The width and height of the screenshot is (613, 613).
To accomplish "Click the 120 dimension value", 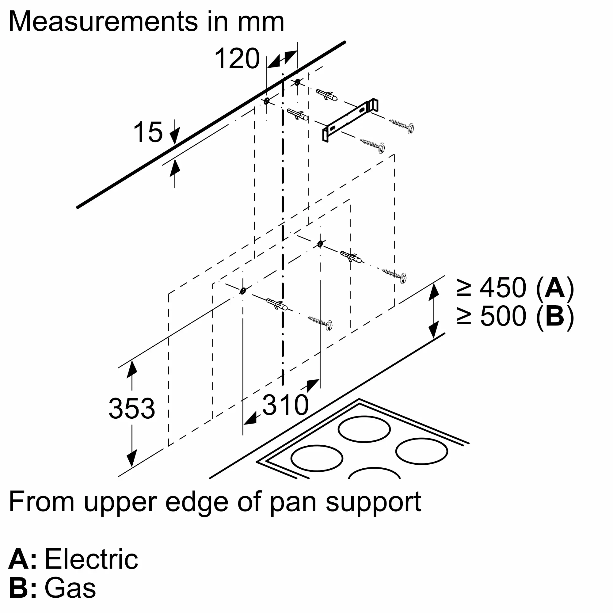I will point(237,59).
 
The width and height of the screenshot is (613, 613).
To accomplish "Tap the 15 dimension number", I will point(148,132).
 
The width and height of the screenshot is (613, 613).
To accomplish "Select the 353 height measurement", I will point(132,408).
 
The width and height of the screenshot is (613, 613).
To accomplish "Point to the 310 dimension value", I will point(285,405).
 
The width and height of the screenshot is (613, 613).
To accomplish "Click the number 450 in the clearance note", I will point(503,288).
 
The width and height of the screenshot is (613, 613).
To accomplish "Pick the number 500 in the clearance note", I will point(503,316).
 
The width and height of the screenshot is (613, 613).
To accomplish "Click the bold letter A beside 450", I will point(555,288).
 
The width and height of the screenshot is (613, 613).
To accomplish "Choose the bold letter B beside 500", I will point(555,316).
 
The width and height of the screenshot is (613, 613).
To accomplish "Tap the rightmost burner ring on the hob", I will point(421,451).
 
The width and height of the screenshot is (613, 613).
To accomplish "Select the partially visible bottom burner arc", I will point(374,472).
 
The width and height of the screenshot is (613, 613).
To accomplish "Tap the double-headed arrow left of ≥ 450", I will point(433,310).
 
